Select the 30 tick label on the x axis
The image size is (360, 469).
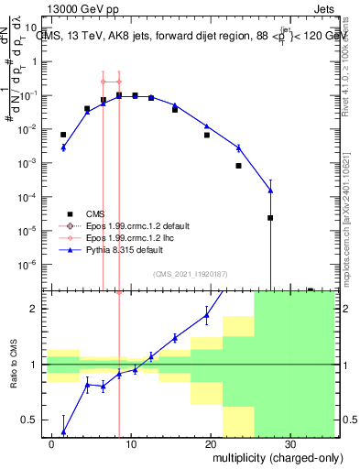[290, 442]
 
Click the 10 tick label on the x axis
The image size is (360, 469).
[131, 442]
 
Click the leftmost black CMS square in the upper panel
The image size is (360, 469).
[63, 135]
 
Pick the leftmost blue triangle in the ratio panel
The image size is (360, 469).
[63, 431]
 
